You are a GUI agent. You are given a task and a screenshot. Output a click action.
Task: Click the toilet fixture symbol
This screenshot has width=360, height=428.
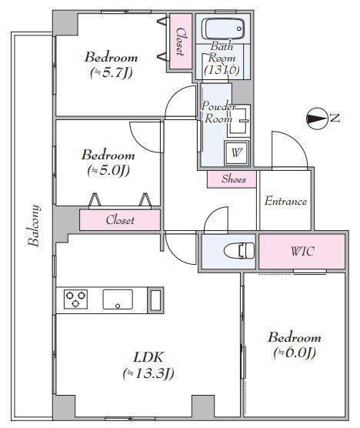tap(239, 251)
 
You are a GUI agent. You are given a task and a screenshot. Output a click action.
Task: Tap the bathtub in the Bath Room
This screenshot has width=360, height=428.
tap(223, 28)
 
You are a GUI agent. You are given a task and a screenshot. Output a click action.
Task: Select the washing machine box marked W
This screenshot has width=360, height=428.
tap(236, 152)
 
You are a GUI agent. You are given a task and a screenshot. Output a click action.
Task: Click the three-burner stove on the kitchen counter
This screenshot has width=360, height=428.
tap(75, 299)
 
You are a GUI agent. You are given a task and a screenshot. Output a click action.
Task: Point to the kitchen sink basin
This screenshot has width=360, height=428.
tap(118, 299)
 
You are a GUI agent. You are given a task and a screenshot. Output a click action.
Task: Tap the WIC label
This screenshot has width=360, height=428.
tap(302, 251)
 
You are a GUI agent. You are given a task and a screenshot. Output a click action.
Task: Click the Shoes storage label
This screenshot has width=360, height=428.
tap(234, 179)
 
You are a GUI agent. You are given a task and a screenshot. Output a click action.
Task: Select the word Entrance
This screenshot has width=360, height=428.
tap(285, 202)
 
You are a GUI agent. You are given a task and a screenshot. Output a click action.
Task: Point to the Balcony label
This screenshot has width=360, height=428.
tap(35, 226)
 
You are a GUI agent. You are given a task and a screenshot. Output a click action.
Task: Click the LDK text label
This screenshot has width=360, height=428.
tap(148, 358)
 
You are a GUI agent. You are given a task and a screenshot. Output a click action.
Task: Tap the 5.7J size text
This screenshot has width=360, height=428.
tap(112, 72)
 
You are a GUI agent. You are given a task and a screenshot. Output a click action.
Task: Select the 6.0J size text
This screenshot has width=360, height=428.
tap(295, 353)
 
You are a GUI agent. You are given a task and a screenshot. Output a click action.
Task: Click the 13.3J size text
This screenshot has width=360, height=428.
tap(148, 373)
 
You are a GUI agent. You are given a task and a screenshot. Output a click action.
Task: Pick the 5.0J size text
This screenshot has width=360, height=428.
tap(108, 171)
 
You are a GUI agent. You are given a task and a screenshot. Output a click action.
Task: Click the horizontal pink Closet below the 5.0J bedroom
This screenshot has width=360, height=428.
tap(120, 219)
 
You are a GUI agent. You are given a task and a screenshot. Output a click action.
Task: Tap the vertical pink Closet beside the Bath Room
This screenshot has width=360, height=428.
tap(181, 42)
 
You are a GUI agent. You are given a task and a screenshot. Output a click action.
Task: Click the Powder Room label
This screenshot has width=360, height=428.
tap(218, 112)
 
